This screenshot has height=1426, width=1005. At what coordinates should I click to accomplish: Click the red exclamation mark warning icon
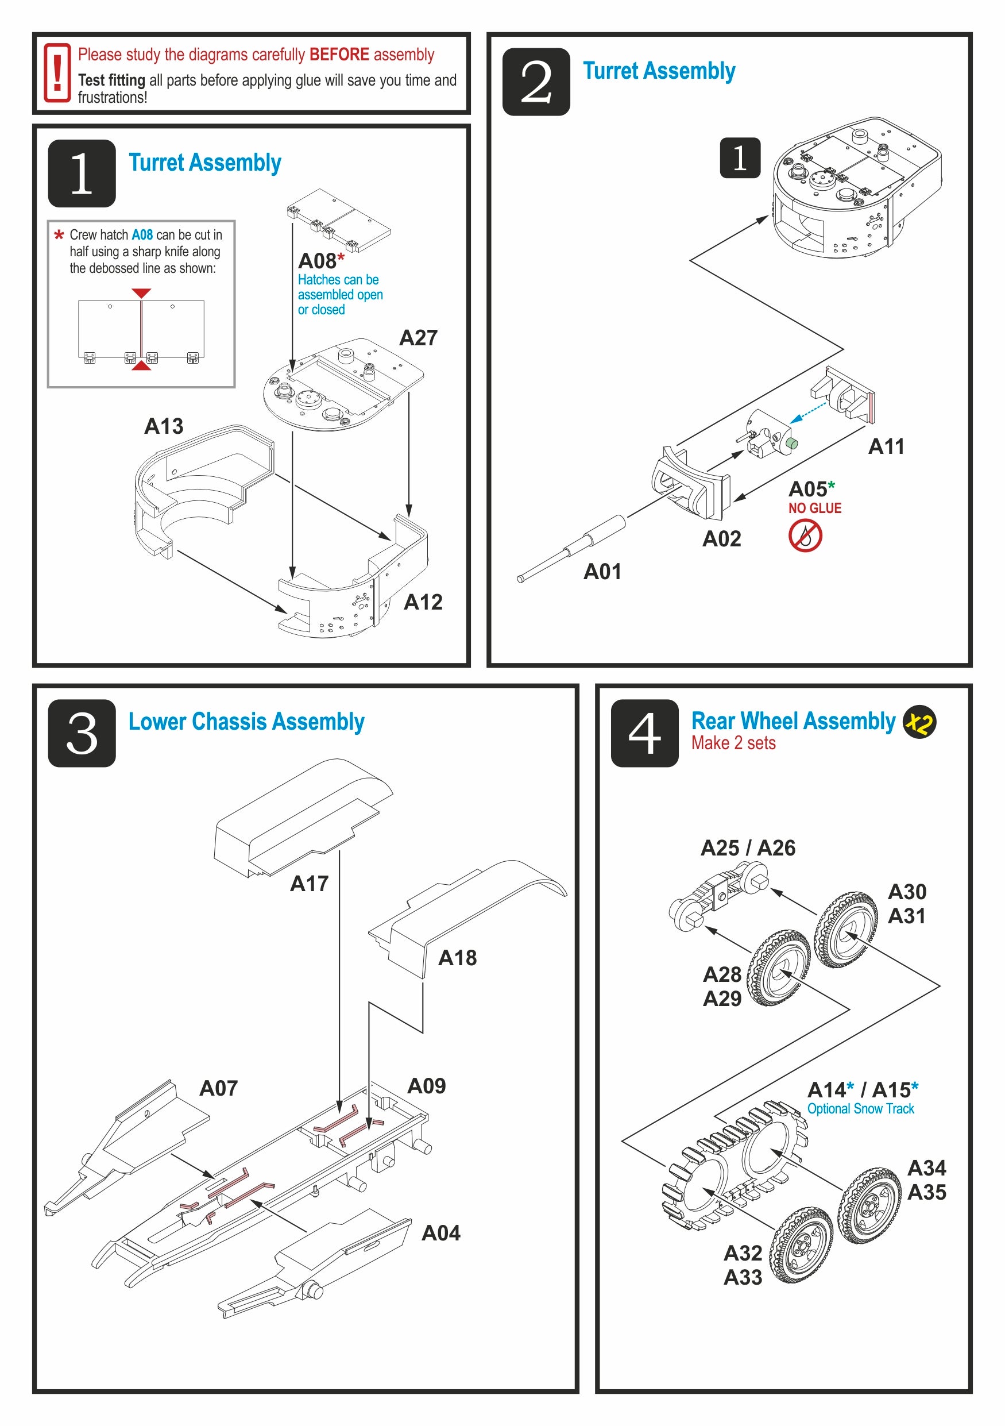click(56, 74)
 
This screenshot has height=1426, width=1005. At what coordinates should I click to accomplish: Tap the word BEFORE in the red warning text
click(339, 55)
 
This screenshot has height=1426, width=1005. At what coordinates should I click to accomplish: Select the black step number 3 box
click(82, 733)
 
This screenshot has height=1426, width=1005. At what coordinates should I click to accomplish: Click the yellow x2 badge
click(919, 722)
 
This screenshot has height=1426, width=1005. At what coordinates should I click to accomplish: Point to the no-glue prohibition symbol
click(805, 535)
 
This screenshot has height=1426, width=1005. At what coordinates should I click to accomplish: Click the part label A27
click(418, 338)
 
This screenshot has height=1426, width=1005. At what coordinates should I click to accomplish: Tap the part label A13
click(164, 426)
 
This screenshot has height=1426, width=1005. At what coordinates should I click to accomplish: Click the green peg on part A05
click(791, 444)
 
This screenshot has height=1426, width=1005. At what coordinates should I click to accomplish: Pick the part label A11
click(886, 446)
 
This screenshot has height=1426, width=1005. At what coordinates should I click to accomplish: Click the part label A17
click(309, 883)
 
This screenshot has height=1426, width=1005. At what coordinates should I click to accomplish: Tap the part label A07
click(218, 1088)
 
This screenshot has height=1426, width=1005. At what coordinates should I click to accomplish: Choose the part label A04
click(440, 1233)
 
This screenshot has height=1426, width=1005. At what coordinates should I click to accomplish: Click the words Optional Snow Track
click(860, 1109)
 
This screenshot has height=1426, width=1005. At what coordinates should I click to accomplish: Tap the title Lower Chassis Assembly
click(246, 722)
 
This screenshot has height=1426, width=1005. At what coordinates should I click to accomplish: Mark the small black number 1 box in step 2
click(740, 158)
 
